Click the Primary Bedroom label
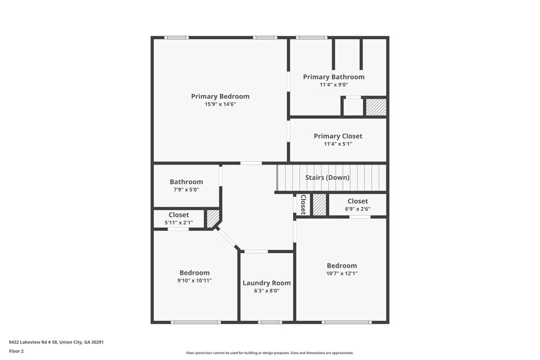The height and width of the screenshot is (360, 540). (x=220, y=97)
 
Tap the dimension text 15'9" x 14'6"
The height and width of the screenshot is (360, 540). (x=220, y=104)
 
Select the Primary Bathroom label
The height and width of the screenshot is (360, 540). (x=333, y=77)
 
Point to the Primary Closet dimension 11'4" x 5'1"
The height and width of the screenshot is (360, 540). (x=337, y=144)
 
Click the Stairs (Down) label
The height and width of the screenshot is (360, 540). (x=327, y=178)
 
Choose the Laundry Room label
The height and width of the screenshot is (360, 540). (x=266, y=283)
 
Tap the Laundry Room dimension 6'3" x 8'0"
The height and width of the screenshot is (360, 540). (x=266, y=291)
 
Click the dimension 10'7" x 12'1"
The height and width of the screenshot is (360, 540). (x=341, y=274)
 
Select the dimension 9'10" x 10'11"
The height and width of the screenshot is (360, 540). (x=194, y=281)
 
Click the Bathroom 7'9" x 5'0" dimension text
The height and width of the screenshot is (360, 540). (x=186, y=190)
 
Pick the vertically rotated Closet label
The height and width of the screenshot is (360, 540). (x=303, y=205)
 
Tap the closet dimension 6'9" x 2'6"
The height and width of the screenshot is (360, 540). (x=357, y=209)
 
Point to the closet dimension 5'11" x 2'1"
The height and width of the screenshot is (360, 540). (x=179, y=222)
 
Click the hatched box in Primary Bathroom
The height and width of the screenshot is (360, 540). (x=376, y=107)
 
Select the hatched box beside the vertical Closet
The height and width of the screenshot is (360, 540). (x=320, y=205)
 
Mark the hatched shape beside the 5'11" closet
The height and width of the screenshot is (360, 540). (x=213, y=218)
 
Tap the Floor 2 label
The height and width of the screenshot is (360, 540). (x=16, y=351)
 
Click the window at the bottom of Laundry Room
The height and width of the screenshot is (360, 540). (x=269, y=322)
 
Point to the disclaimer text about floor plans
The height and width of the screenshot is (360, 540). (x=269, y=353)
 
